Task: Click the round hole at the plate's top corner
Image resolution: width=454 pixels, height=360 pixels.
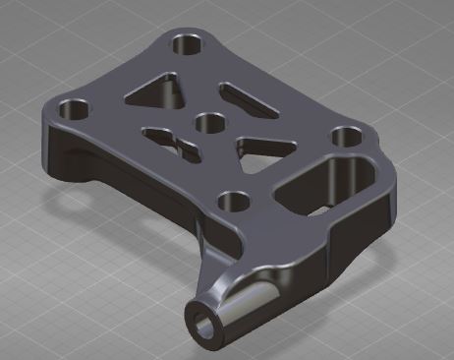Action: pos(185,43)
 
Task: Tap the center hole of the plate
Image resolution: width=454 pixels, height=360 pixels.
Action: pos(207,123)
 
